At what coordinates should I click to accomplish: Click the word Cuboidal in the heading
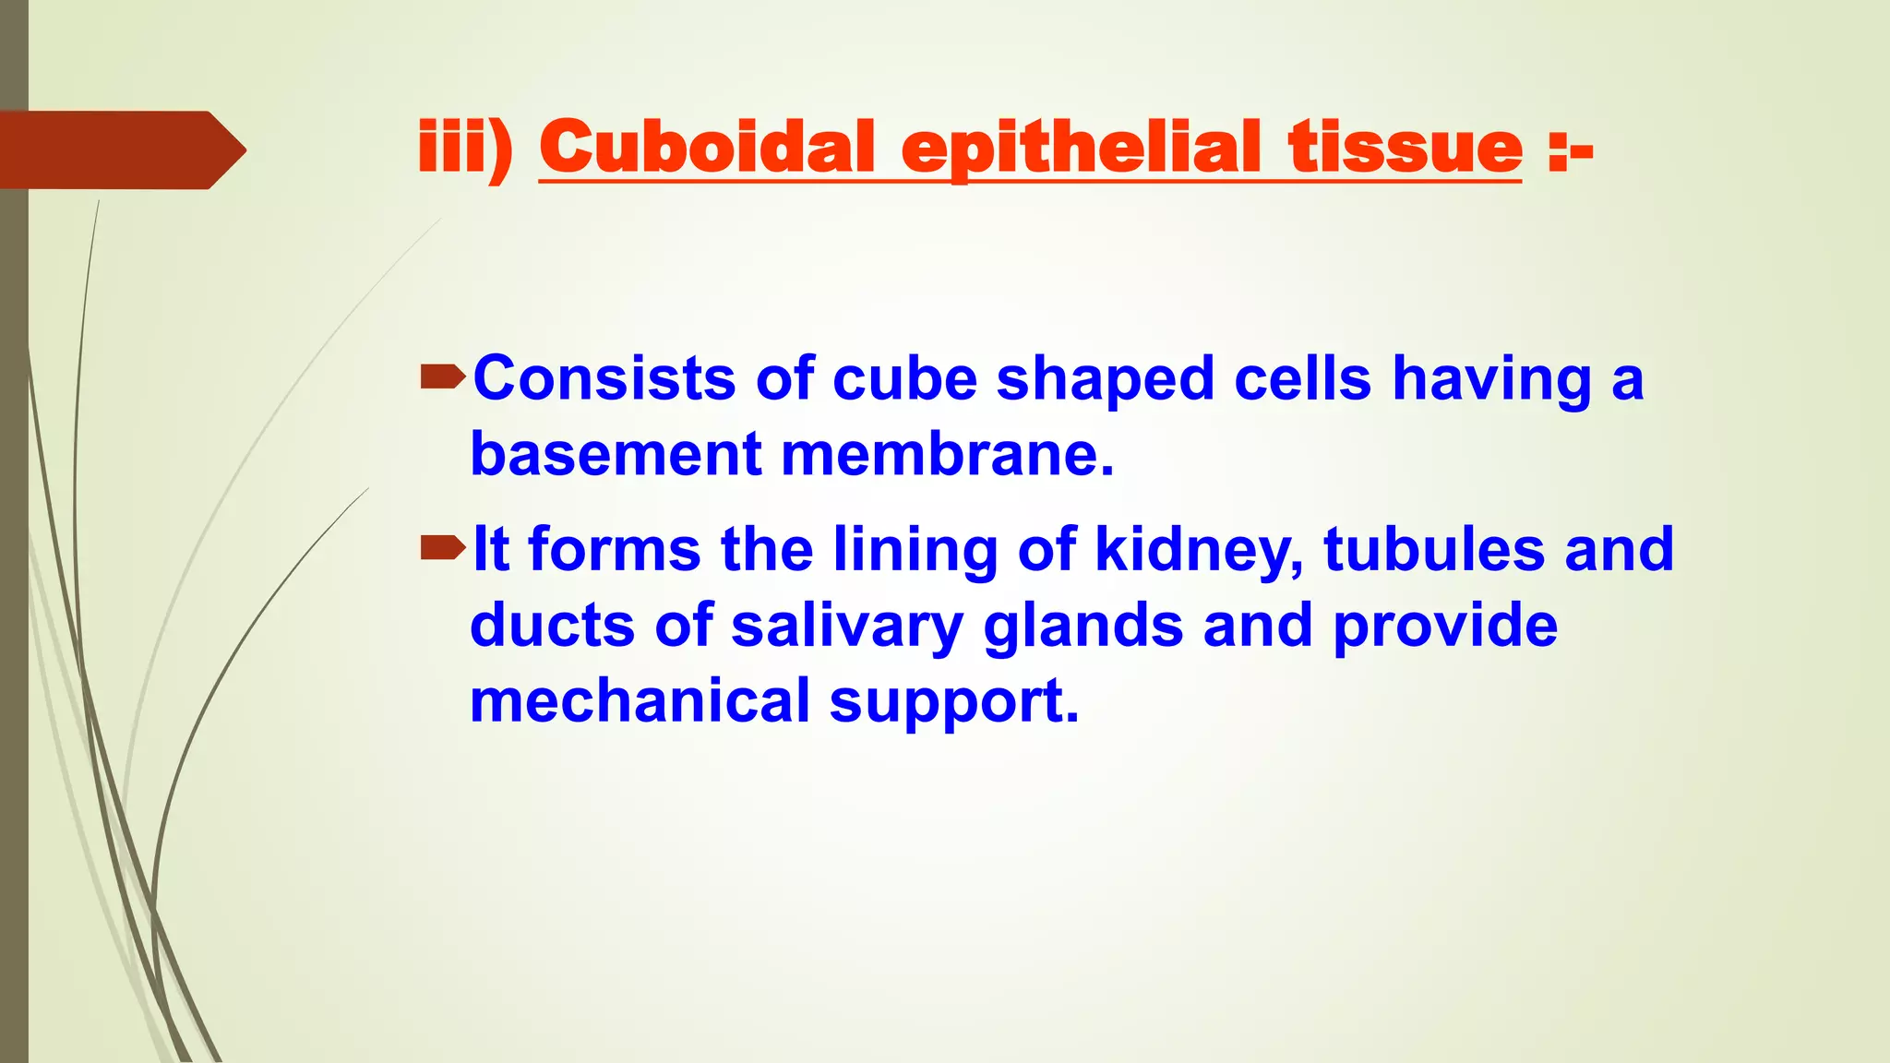pyautogui.click(x=706, y=148)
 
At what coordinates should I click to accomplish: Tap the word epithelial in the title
pyautogui.click(x=1081, y=148)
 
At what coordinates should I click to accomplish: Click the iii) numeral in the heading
pyautogui.click(x=465, y=148)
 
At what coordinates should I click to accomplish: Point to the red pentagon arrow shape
pyautogui.click(x=120, y=149)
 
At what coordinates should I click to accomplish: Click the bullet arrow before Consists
pyautogui.click(x=442, y=376)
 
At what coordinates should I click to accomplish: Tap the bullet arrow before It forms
pyautogui.click(x=442, y=548)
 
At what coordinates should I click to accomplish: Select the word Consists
pyautogui.click(x=604, y=378)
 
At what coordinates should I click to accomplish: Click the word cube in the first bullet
pyautogui.click(x=904, y=378)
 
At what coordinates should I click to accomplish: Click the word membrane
pyautogui.click(x=947, y=454)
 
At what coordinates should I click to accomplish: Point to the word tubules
pyautogui.click(x=1434, y=549)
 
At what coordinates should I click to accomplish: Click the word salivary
pyautogui.click(x=847, y=627)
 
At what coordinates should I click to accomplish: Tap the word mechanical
pyautogui.click(x=640, y=700)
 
